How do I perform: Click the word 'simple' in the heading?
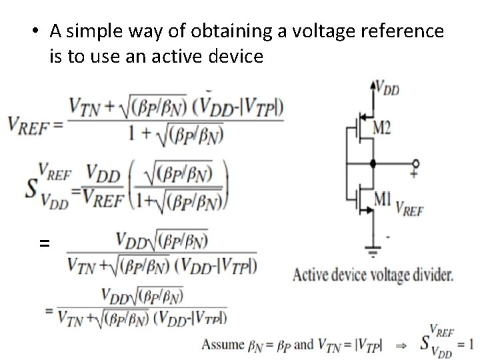tap(93, 31)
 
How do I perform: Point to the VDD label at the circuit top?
tap(387, 87)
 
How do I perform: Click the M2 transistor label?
tap(381, 129)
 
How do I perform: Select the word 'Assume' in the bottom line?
tap(223, 345)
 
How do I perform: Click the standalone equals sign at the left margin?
tap(45, 244)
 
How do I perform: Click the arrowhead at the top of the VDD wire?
tap(372, 83)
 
